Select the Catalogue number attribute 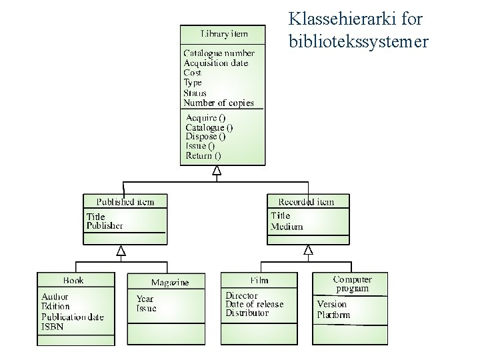tap(219, 53)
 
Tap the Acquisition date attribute tap(215, 63)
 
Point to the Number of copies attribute tap(218, 103)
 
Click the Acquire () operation tap(205, 117)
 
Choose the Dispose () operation tap(205, 136)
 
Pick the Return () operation tap(203, 155)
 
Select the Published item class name tap(125, 201)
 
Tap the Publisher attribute tap(105, 225)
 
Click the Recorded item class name tap(306, 201)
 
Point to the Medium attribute tap(287, 226)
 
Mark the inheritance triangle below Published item tap(121, 251)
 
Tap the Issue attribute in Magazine tap(147, 309)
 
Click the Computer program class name tap(352, 284)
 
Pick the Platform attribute tap(333, 315)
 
